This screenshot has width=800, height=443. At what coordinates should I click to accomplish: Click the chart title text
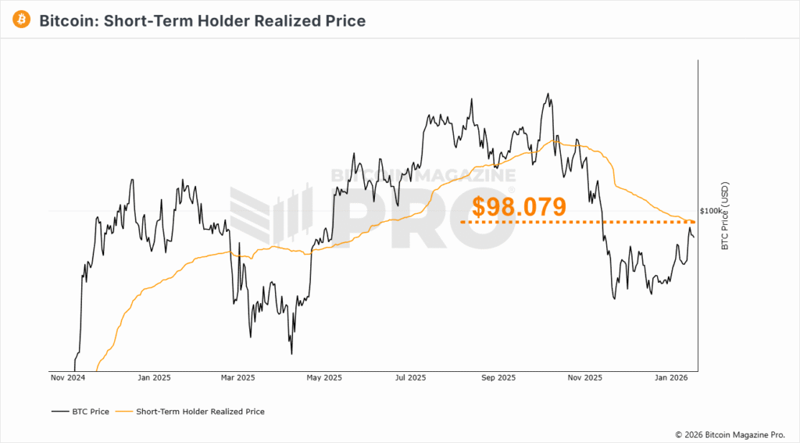(x=202, y=21)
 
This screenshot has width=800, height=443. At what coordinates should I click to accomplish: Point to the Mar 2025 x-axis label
(x=238, y=378)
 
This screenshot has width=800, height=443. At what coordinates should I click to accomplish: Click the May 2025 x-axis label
(x=324, y=378)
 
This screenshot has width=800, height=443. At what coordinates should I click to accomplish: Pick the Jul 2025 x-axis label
(x=410, y=378)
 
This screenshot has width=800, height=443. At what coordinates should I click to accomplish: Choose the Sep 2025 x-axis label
(x=498, y=378)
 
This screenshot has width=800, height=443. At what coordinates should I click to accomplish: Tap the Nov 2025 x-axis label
(x=584, y=378)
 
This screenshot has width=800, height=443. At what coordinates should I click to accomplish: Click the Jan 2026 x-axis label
(x=670, y=378)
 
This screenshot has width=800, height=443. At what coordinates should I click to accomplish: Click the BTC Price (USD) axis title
(x=724, y=216)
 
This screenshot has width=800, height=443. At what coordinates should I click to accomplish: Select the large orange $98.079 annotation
(x=519, y=207)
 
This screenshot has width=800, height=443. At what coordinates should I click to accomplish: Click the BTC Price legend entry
(x=80, y=411)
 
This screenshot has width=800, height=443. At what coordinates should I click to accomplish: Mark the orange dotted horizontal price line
(x=547, y=222)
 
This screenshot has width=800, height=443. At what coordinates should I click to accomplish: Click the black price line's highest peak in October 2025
(x=548, y=94)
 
